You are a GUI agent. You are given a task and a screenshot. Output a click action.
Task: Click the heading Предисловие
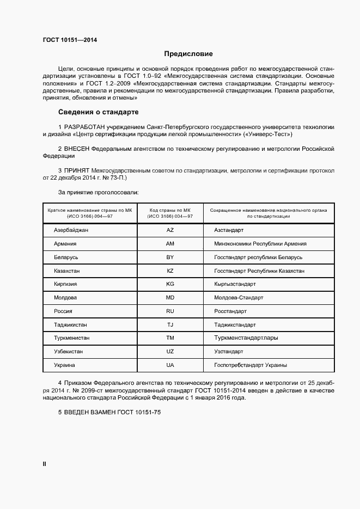188,54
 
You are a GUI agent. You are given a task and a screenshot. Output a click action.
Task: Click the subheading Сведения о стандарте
98,112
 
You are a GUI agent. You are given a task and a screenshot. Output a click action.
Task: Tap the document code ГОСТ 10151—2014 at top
66,40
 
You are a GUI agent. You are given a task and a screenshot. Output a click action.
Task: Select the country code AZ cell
170,231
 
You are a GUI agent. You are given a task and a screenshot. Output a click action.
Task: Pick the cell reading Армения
65,244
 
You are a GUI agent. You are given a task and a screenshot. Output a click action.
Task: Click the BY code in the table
170,257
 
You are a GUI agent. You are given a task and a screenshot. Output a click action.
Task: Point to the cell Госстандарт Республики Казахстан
259,271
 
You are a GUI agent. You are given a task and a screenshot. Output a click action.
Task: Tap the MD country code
170,298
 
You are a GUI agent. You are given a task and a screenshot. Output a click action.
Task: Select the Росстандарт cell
230,311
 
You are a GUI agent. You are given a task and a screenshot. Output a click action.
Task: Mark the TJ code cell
170,325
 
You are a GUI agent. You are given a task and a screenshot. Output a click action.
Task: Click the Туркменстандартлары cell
246,338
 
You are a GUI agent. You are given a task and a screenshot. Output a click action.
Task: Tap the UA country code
170,365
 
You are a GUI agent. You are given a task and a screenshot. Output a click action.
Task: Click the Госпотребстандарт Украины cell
251,365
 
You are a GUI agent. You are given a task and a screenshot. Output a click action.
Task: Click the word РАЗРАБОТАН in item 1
87,126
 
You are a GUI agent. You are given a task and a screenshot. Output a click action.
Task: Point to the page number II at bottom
45,464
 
